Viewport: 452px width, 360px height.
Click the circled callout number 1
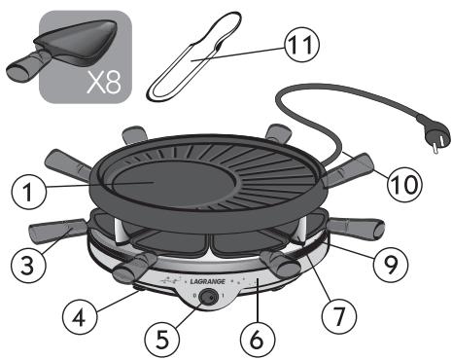pos(29,192)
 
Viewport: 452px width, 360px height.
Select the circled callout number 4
pos(79,317)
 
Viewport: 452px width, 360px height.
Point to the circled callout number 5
pos(162,340)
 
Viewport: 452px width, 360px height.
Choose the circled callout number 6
pos(258,340)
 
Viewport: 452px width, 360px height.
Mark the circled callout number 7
pos(339,315)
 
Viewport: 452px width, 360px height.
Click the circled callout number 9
pos(391,266)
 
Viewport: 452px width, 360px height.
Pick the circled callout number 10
pos(404,184)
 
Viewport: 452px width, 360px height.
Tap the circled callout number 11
pos(301,45)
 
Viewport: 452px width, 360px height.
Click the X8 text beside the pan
pos(104,83)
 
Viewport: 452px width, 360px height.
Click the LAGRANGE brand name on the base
pos(207,281)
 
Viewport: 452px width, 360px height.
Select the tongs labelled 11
pos(194,55)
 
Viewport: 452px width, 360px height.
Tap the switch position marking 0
pos(193,296)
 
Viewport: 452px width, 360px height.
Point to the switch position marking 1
pos(223,296)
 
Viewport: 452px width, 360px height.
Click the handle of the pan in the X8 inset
pos(27,66)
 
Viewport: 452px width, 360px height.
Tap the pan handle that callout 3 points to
pos(57,230)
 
